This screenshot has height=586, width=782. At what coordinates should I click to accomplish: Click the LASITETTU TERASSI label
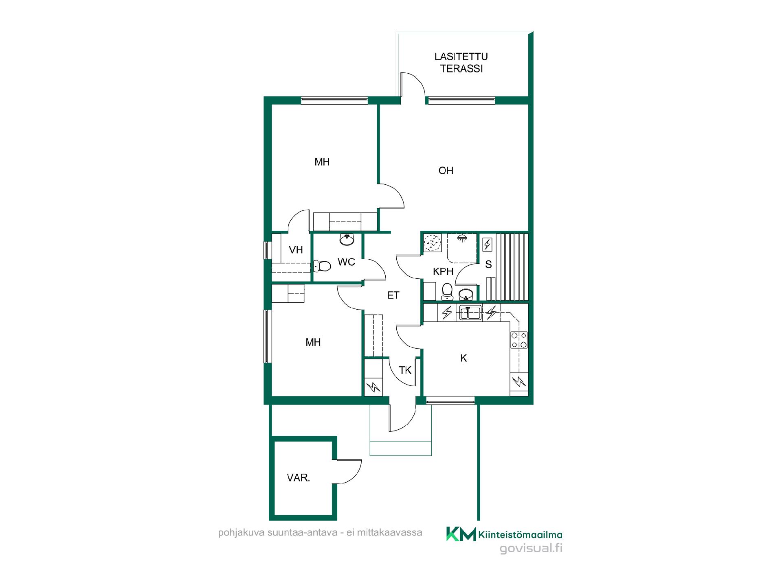[x=461, y=63]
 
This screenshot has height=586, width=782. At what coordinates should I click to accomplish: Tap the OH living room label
[x=446, y=171]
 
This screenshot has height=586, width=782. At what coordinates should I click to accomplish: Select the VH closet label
[x=296, y=250]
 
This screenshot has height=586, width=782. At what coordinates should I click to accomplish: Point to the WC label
[x=347, y=262]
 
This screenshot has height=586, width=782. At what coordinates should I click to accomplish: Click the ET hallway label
[x=393, y=295]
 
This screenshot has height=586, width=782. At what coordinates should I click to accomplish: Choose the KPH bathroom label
[x=443, y=271]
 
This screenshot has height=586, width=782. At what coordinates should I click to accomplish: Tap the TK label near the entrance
[x=405, y=370]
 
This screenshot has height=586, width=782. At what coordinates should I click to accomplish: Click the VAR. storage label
[x=299, y=478]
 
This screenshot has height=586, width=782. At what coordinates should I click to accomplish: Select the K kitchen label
[x=463, y=358]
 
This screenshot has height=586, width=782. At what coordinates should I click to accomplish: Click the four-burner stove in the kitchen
[x=519, y=340]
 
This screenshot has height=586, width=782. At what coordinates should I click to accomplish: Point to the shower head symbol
[x=462, y=238]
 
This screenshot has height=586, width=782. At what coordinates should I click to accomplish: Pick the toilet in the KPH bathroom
[x=447, y=291]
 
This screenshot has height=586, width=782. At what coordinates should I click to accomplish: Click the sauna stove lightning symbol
[x=487, y=245]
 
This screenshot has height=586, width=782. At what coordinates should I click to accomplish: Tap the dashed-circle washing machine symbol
[x=432, y=243]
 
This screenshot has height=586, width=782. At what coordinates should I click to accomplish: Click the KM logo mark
[x=461, y=534]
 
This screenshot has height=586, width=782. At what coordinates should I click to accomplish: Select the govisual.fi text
[x=531, y=549]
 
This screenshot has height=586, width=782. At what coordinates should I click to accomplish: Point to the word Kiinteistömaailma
[x=521, y=534]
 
